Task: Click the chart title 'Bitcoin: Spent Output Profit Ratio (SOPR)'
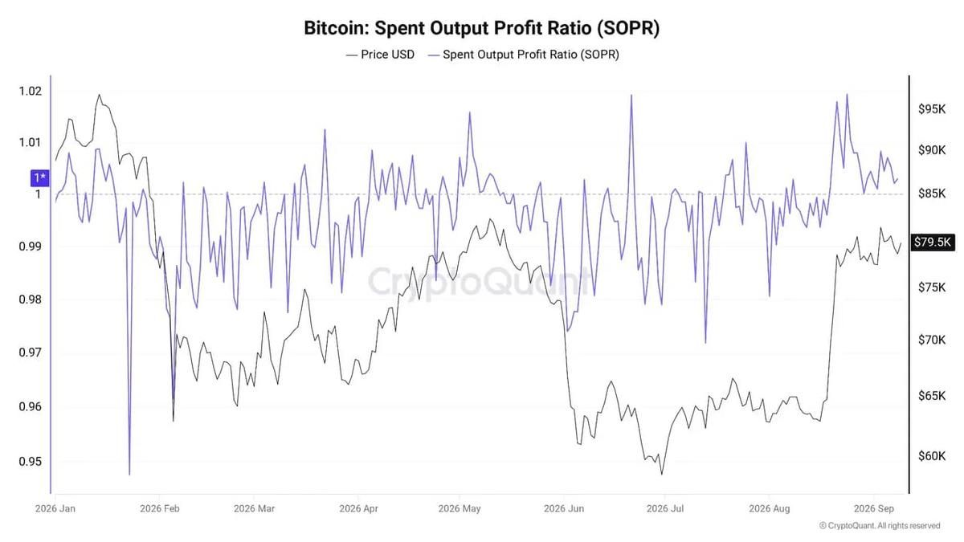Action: tap(481, 28)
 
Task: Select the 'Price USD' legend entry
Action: tap(380, 55)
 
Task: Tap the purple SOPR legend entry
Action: tap(523, 55)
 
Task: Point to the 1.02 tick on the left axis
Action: tap(31, 91)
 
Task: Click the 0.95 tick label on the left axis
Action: tap(31, 462)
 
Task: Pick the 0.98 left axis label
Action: tap(31, 299)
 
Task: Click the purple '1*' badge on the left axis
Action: tap(39, 177)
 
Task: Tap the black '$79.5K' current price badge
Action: tap(933, 242)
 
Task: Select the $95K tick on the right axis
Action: tap(932, 109)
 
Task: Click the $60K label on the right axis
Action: tap(932, 456)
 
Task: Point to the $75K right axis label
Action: tap(932, 287)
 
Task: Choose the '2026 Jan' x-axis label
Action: tap(55, 508)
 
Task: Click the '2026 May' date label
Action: tap(460, 508)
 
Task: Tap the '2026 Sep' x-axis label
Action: tap(874, 508)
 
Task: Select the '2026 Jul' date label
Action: tap(665, 508)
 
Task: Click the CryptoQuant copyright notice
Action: tap(879, 526)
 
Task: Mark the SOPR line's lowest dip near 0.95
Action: tap(129, 475)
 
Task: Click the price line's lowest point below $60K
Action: tap(661, 474)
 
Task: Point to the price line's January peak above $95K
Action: tap(99, 95)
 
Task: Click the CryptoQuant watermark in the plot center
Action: tap(480, 282)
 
